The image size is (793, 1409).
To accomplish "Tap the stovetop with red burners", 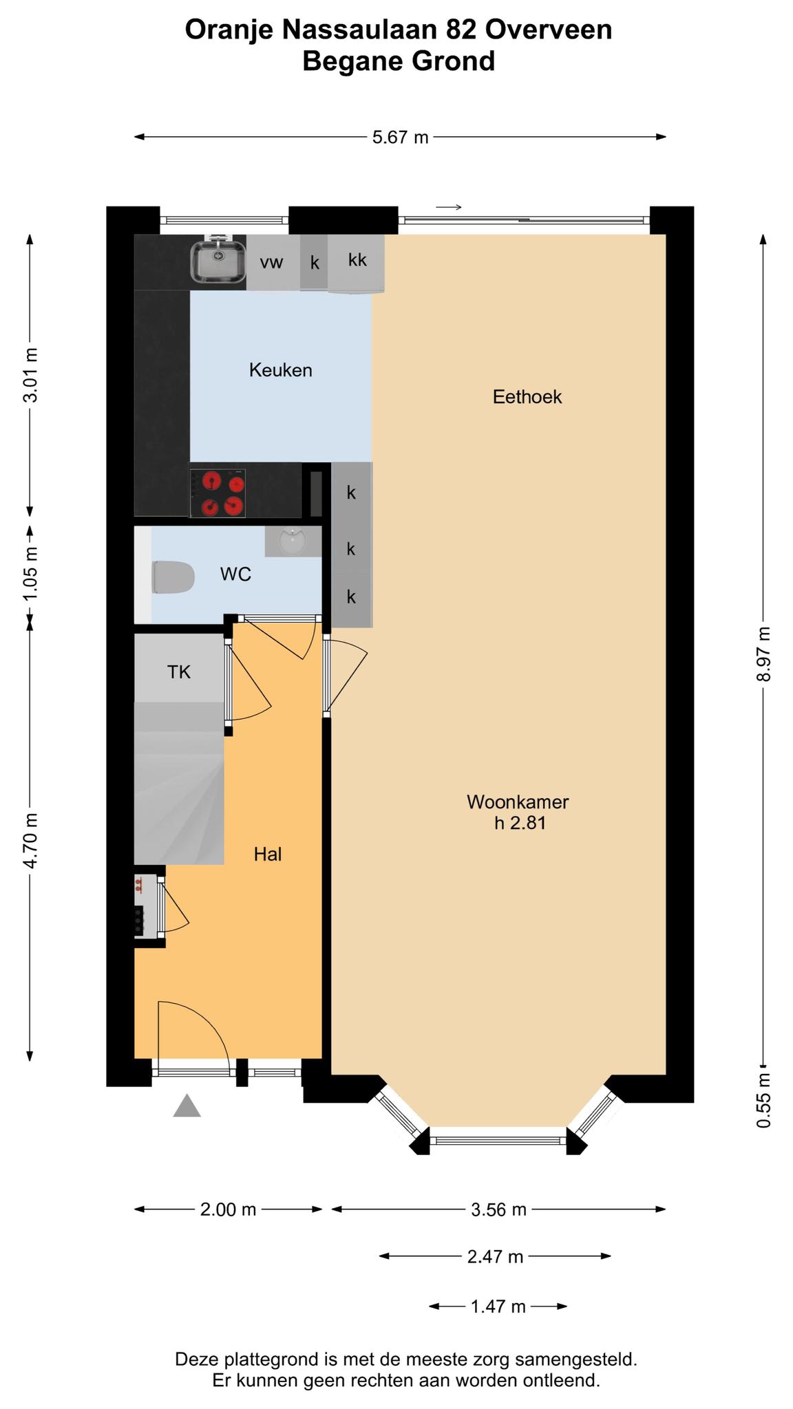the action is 218,493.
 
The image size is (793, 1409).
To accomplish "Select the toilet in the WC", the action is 173,577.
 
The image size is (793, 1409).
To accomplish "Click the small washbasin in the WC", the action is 293,541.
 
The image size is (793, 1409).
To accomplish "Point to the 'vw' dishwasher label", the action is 272,262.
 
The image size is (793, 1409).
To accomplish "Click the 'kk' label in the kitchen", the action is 357,259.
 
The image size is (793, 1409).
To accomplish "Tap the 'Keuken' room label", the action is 281,370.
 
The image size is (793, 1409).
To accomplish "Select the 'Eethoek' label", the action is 527,397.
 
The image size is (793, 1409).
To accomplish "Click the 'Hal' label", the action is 268,854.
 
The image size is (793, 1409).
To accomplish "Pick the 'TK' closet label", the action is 179,672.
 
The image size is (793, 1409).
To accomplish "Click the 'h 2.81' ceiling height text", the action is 520,823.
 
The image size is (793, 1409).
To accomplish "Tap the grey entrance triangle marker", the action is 187,1106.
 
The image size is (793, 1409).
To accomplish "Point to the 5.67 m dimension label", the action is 401,138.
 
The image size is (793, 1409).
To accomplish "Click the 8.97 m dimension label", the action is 763,654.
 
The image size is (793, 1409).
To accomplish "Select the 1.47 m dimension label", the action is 498,1306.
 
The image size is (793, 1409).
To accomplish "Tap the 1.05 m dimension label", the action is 30,572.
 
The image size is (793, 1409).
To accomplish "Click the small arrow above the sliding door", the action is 449,207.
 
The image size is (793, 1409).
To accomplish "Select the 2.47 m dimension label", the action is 496,1257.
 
